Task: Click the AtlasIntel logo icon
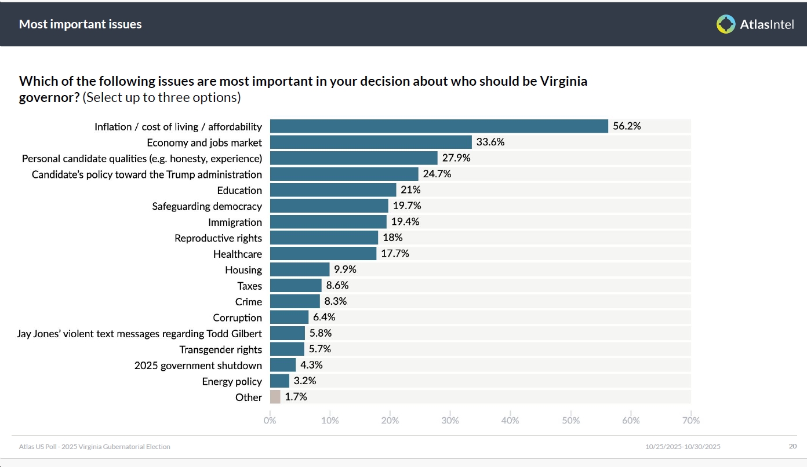click(726, 24)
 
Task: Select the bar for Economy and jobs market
click(371, 142)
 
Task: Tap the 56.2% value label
click(627, 126)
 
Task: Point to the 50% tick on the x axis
click(570, 421)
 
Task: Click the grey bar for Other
click(275, 397)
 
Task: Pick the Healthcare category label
click(238, 254)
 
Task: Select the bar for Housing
click(300, 269)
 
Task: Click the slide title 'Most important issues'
click(81, 24)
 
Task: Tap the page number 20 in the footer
click(793, 446)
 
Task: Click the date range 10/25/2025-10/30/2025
click(683, 447)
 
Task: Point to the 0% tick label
click(270, 421)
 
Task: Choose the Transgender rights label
click(221, 349)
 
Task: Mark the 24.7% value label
click(437, 174)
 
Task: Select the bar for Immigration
click(328, 222)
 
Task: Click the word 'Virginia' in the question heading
click(564, 81)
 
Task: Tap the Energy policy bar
click(279, 381)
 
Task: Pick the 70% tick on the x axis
click(691, 421)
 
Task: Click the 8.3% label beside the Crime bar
click(336, 301)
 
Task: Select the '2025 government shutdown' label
click(198, 365)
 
